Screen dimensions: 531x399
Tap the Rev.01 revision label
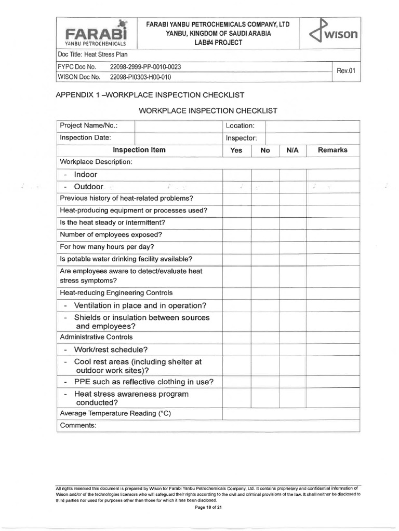[345, 71]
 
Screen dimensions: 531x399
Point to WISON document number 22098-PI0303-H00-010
[140, 77]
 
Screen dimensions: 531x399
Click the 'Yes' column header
[236, 150]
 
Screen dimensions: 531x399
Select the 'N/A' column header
[292, 150]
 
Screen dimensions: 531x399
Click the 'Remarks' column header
[332, 150]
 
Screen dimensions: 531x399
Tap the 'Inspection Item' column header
[139, 150]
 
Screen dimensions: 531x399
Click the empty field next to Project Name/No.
[178, 126]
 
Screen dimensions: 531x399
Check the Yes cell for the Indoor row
[236, 175]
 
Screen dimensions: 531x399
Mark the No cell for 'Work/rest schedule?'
[265, 350]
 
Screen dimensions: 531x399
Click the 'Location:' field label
[240, 126]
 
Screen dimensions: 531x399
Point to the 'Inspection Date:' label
[85, 138]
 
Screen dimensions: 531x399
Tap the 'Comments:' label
[78, 426]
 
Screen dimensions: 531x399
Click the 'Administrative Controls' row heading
[97, 337]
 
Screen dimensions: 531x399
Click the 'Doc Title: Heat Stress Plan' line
[93, 54]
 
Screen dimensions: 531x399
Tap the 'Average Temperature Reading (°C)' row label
[116, 413]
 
